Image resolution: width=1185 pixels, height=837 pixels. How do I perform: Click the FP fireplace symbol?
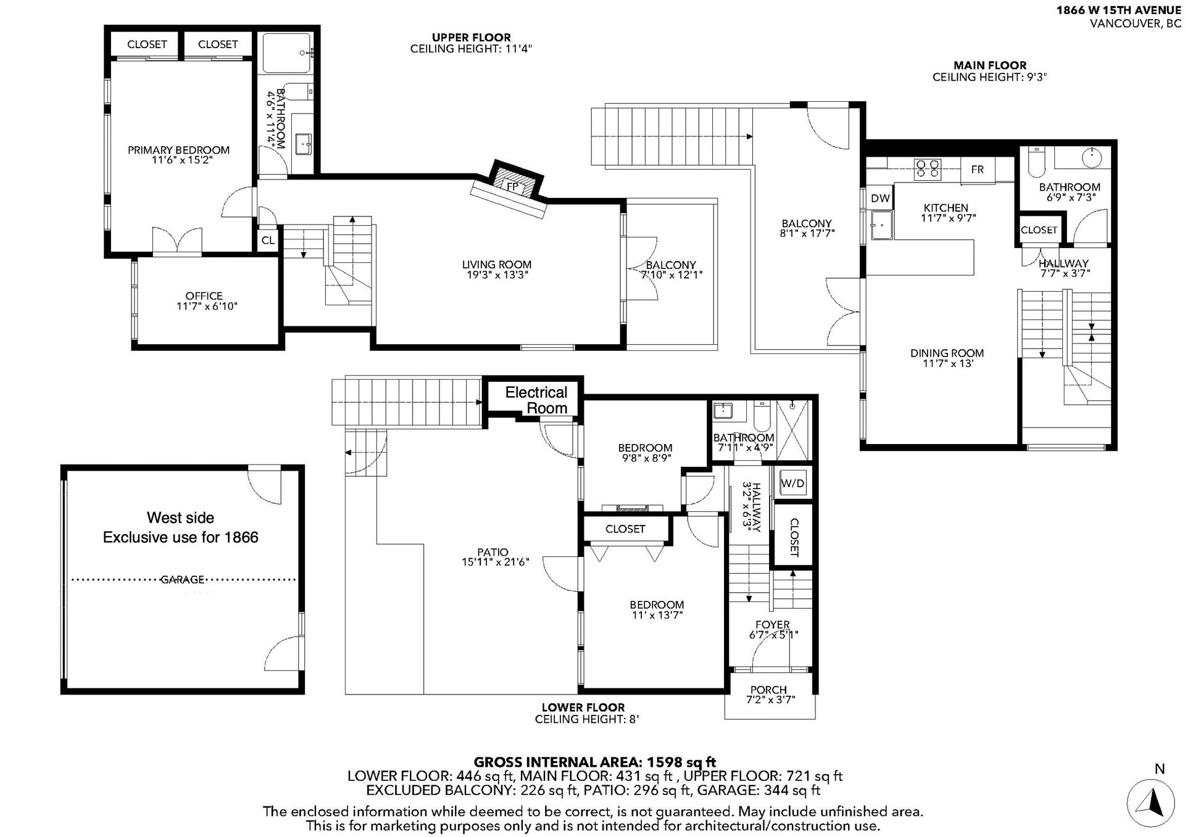click(512, 186)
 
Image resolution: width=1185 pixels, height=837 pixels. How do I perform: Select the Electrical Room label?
click(536, 400)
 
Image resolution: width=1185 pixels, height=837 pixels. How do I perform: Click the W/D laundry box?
click(793, 484)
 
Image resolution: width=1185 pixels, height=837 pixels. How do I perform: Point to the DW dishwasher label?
click(881, 198)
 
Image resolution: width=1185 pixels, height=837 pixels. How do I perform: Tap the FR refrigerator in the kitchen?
click(978, 170)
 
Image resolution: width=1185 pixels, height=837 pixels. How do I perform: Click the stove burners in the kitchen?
click(927, 168)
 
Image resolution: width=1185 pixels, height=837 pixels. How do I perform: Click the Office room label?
click(204, 296)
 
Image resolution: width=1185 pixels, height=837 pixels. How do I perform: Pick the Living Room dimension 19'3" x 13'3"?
click(497, 275)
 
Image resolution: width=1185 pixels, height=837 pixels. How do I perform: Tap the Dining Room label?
click(947, 353)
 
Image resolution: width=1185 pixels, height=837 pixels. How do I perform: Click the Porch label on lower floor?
click(768, 690)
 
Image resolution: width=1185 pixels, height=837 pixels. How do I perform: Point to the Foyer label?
click(773, 625)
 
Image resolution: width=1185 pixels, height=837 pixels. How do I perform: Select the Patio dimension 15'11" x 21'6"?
click(495, 563)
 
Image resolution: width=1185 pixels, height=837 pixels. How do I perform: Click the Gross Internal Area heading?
click(594, 762)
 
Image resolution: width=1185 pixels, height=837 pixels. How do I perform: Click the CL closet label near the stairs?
click(268, 241)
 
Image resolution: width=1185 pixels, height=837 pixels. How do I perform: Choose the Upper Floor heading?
click(471, 37)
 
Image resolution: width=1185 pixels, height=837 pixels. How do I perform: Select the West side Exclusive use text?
click(181, 527)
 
